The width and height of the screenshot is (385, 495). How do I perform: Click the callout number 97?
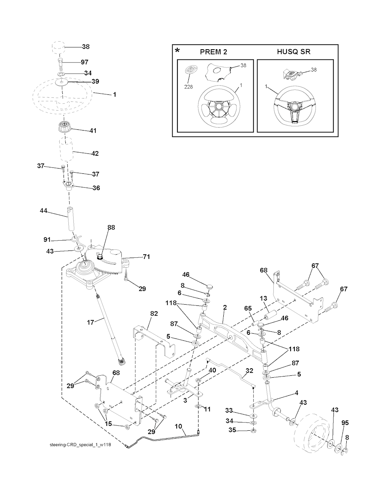[85, 62]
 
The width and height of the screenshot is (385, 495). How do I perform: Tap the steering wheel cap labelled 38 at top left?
[58, 48]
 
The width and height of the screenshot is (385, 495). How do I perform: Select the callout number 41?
[93, 131]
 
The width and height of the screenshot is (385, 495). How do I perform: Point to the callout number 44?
[44, 211]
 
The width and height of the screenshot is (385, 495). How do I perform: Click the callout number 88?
[111, 228]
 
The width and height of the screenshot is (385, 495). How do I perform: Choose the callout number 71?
[146, 257]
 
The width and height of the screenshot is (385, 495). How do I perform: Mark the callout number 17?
[91, 322]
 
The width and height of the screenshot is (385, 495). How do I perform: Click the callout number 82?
[154, 313]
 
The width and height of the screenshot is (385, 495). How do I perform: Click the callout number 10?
[178, 426]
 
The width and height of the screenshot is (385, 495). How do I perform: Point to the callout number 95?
[345, 423]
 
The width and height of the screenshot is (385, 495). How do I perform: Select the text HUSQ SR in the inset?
[294, 52]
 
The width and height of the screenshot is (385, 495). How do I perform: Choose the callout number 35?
[232, 430]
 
